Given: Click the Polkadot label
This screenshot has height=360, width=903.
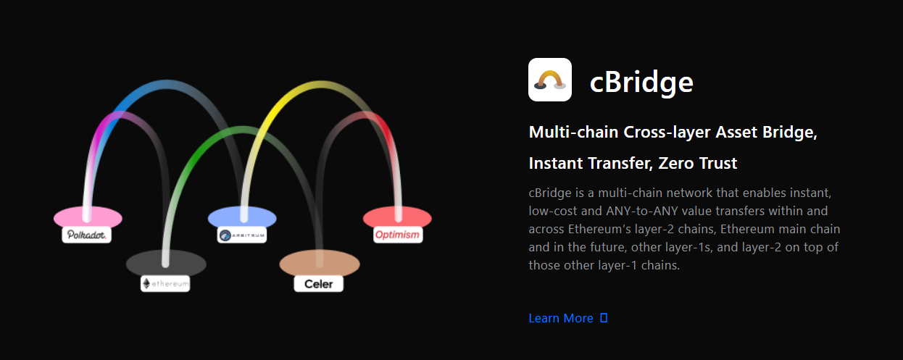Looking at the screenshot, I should point(86,235).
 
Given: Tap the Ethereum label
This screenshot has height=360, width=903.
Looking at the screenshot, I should point(165,284).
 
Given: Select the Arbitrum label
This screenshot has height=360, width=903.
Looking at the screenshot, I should point(242,235).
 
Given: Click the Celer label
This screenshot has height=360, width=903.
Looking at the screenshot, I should point(318,284).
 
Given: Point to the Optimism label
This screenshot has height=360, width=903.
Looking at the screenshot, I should point(397,235).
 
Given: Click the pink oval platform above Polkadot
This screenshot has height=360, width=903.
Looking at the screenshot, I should point(88,217).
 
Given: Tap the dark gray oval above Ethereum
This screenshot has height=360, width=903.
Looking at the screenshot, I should point(166,264).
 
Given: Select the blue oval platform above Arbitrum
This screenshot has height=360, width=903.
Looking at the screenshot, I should point(242,217).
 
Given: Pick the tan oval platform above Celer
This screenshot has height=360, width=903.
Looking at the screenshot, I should point(320,263).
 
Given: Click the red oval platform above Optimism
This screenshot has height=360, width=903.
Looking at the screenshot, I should point(397,217).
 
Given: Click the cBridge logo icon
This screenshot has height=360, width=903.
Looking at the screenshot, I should point(550,80).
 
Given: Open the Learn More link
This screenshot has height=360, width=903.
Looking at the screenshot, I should point(561,318).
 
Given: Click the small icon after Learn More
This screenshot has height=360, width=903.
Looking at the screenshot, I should point(604,318).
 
